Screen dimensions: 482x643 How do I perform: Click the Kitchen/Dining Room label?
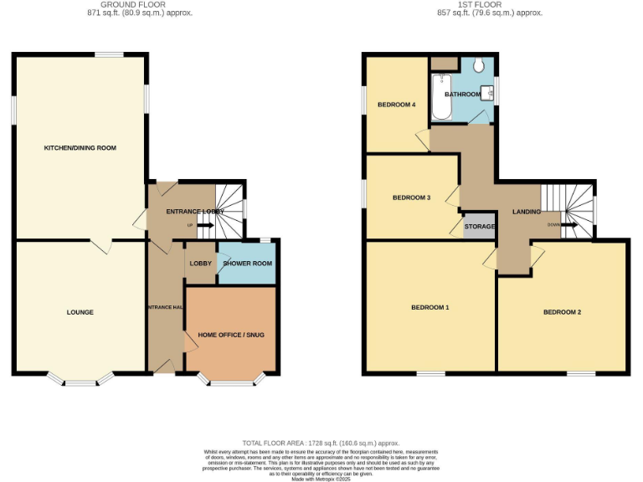pos(80,148)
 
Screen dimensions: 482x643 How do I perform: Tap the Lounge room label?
pos(80,312)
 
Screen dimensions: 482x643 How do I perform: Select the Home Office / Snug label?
pos(230,336)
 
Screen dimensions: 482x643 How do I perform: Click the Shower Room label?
pos(247,264)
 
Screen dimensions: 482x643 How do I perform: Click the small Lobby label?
pos(201,264)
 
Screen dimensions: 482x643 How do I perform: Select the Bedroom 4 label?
pos(396,105)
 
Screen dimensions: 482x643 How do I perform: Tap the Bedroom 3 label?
pos(411,198)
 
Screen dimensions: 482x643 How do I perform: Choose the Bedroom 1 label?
pos(430,308)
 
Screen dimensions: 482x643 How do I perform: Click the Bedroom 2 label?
pos(562,312)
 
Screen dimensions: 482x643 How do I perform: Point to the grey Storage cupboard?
pos(480,227)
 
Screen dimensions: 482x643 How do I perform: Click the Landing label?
pos(527,212)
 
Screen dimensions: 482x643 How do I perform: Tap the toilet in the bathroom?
pos(479,66)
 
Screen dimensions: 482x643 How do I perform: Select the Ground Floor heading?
pos(120,4)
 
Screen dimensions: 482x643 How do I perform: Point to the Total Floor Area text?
pos(321,443)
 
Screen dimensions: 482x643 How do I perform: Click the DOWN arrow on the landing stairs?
pos(569,225)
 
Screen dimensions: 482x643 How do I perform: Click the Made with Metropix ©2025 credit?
pos(321,478)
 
